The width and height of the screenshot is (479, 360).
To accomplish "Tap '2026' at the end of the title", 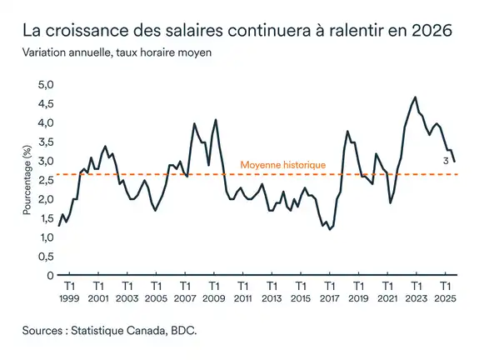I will pyautogui.click(x=432, y=32).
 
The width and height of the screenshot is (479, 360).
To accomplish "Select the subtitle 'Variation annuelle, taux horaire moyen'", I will pyautogui.click(x=117, y=53).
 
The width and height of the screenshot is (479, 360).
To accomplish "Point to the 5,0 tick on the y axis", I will pyautogui.click(x=44, y=85).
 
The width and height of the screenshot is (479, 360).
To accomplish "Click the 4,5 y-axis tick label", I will pyautogui.click(x=44, y=104).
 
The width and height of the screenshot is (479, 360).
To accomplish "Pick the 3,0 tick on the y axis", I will pyautogui.click(x=44, y=162).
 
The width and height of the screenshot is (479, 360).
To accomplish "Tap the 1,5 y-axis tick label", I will pyautogui.click(x=44, y=218).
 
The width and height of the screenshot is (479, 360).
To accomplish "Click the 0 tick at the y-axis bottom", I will pyautogui.click(x=49, y=276).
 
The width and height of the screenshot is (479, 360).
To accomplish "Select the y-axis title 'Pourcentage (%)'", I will pyautogui.click(x=27, y=179).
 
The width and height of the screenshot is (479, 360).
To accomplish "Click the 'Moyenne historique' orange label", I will pyautogui.click(x=282, y=166).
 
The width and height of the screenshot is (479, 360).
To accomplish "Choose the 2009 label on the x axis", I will pyautogui.click(x=213, y=297).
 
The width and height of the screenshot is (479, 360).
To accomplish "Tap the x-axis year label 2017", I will pyautogui.click(x=329, y=297).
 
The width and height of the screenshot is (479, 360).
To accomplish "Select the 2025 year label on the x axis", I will pyautogui.click(x=445, y=297).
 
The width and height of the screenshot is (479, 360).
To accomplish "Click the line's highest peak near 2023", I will pyautogui.click(x=415, y=97).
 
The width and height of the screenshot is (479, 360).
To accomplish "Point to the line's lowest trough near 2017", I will pyautogui.click(x=331, y=229).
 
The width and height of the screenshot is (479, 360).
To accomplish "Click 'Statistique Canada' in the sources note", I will pyautogui.click(x=128, y=331).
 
